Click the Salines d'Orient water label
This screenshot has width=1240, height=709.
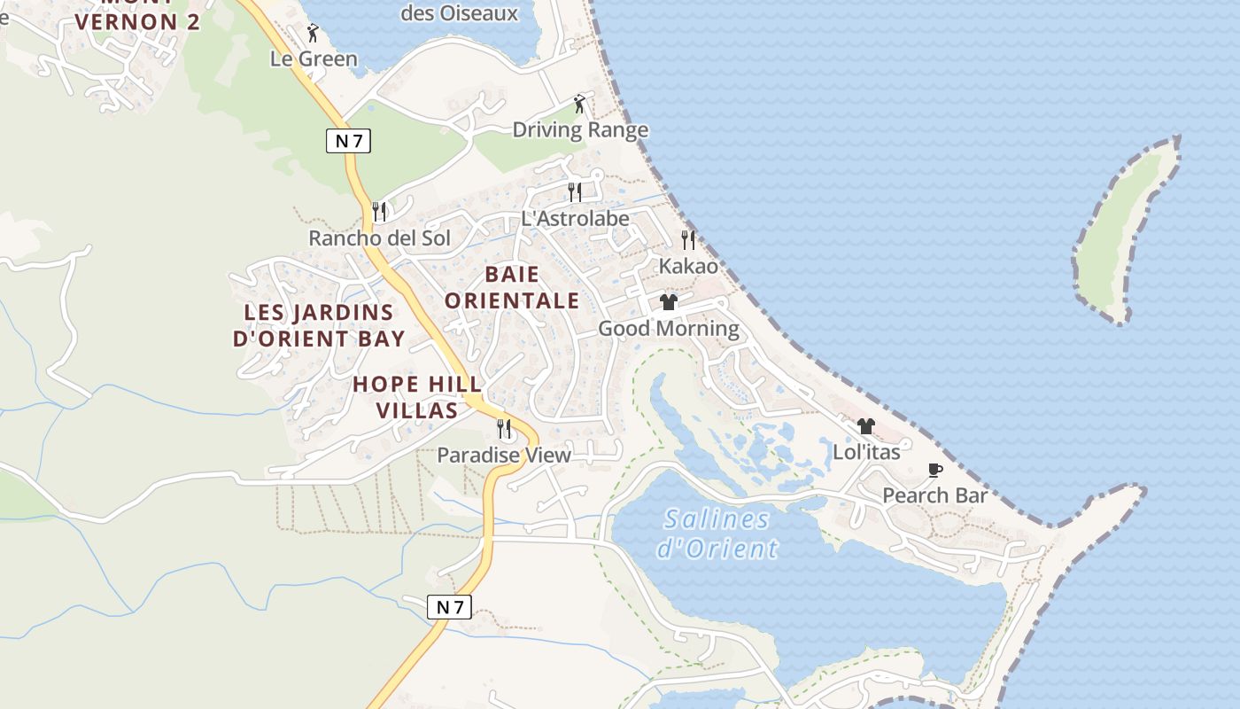[717, 534]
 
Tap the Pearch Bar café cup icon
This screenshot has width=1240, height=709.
[934, 470]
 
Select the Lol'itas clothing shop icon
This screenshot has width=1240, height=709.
[865, 426]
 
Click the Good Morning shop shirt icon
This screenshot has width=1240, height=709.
[669, 302]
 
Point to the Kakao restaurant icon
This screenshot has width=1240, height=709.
[688, 239]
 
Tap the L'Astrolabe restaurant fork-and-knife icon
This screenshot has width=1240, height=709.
[575, 191]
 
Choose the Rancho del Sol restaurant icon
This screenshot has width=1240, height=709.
[379, 211]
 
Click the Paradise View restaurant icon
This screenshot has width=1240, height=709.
[504, 429]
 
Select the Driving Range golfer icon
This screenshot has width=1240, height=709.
[579, 104]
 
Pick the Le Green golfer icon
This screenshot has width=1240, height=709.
[313, 34]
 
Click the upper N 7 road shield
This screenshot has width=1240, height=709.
[348, 140]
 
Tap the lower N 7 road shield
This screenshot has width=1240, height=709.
[450, 607]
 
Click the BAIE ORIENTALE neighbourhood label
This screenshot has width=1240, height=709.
[512, 287]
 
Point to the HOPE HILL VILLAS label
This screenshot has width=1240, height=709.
[417, 397]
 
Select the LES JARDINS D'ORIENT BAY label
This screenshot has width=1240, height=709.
[319, 325]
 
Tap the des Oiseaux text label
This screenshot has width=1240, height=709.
[459, 13]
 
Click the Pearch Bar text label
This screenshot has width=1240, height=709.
[934, 495]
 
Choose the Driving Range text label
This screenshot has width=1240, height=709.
[580, 130]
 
